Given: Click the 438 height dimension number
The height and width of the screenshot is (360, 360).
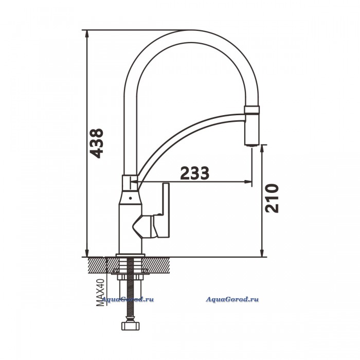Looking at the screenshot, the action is pyautogui.click(x=97, y=143).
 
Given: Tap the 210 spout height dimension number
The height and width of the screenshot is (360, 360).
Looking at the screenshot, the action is pyautogui.click(x=272, y=198).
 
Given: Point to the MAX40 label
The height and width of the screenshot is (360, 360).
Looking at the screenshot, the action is pyautogui.click(x=100, y=292).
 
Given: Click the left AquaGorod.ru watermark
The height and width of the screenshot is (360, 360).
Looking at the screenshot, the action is pyautogui.click(x=128, y=299).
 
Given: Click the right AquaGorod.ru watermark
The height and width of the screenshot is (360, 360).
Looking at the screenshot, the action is pyautogui.click(x=232, y=299).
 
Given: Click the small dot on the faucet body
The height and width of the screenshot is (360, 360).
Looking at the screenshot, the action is pyautogui.click(x=130, y=197).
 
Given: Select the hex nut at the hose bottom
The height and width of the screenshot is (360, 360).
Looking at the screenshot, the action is pyautogui.click(x=130, y=326).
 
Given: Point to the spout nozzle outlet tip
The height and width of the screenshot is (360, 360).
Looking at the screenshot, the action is pyautogui.click(x=251, y=145).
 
